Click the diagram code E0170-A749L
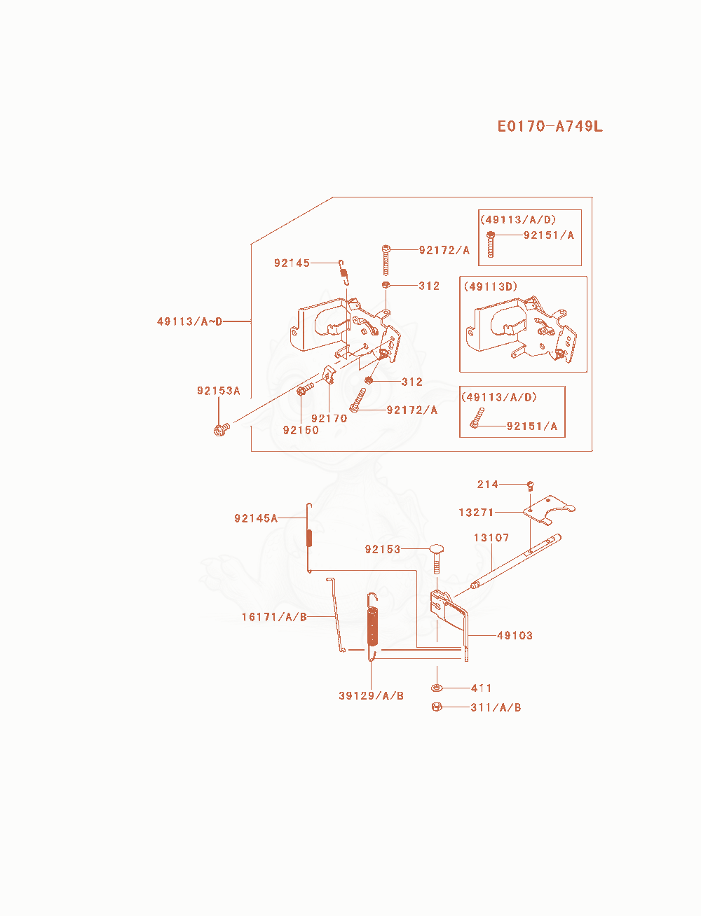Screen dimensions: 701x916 coord(550,126)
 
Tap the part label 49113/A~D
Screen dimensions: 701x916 coord(190,321)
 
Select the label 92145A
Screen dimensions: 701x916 coord(256,518)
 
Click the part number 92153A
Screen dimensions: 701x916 coord(219,391)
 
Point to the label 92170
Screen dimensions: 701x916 coord(329,418)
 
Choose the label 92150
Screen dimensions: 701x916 coord(301,430)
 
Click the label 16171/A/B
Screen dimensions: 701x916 coord(275,617)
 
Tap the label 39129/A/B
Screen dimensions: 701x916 coord(372,695)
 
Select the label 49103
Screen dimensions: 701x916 coord(515,636)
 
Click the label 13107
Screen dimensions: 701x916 coord(491,538)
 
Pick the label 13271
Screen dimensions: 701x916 coord(476,513)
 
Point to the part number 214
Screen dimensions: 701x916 coord(488,485)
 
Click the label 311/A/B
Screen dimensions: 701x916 coord(496,707)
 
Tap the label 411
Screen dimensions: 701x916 coord(482,688)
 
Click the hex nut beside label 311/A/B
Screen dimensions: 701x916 coord(437,707)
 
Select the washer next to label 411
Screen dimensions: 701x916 coord(437,688)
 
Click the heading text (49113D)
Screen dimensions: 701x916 coord(491,286)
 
